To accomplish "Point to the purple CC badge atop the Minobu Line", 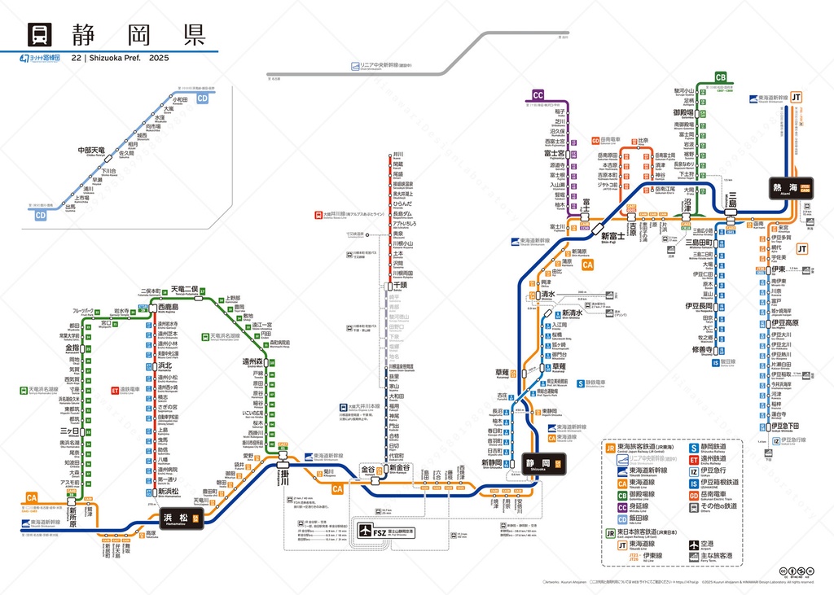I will (x=538, y=95).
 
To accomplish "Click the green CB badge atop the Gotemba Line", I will (x=720, y=77).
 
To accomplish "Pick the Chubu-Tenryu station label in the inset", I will (x=91, y=151).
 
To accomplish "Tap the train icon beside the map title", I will (x=40, y=35).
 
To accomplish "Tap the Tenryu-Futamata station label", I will (x=184, y=289).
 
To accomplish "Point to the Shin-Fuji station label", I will (x=612, y=236).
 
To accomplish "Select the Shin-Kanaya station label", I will (x=399, y=469).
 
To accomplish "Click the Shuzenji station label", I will (x=703, y=349).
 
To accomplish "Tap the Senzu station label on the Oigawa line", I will (x=400, y=286).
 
